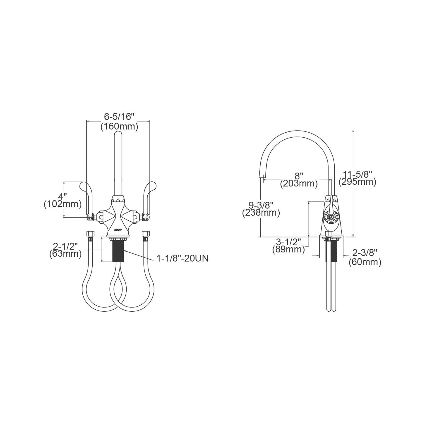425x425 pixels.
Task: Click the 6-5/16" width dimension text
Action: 119,116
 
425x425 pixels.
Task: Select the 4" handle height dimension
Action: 62,196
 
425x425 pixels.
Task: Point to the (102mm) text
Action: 63,204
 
